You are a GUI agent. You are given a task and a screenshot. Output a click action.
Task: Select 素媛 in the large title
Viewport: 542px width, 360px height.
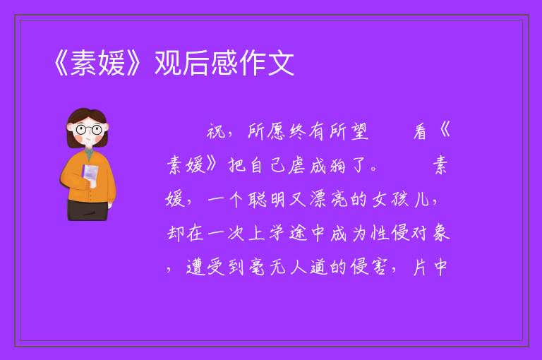click(98, 63)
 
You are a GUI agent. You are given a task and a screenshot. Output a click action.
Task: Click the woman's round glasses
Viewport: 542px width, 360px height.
click(88, 130)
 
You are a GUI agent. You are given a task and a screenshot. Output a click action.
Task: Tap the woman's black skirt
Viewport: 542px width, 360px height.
click(88, 210)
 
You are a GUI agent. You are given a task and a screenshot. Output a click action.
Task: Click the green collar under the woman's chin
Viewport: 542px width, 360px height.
click(90, 154)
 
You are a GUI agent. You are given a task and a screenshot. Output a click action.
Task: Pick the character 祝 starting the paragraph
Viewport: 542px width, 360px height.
click(216, 132)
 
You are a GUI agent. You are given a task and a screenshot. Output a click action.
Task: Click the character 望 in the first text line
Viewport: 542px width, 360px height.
click(359, 132)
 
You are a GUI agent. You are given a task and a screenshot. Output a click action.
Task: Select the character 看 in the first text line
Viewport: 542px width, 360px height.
click(421, 132)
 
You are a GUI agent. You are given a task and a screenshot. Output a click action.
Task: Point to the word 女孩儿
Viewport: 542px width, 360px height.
click(400, 200)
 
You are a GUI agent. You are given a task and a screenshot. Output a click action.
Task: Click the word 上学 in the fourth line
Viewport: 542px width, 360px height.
click(258, 233)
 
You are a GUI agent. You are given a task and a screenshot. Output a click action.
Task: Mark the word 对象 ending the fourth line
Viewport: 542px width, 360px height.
click(430, 233)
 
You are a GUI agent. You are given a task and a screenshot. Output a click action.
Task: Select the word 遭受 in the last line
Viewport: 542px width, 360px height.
click(205, 268)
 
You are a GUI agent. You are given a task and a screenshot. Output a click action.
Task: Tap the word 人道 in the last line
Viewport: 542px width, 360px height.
click(308, 268)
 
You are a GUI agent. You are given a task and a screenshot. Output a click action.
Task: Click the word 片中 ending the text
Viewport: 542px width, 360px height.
click(430, 268)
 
